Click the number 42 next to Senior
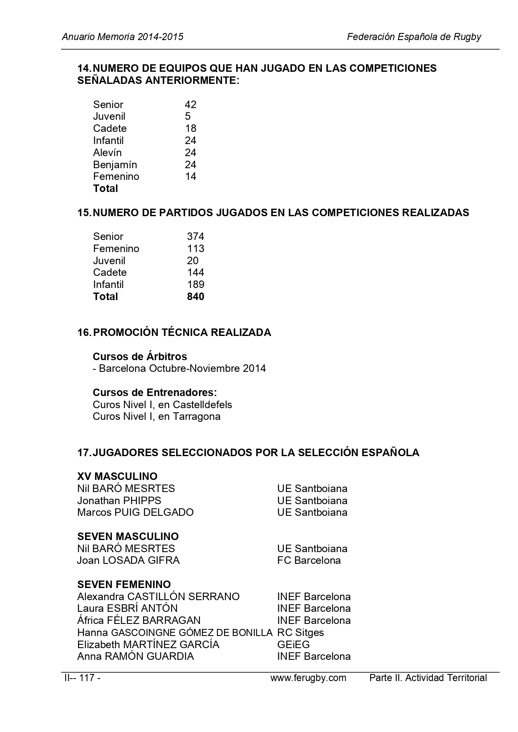tap(190, 104)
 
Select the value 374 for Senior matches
tap(195, 237)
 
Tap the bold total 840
tap(195, 297)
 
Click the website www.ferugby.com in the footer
tap(308, 678)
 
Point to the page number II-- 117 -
tap(82, 678)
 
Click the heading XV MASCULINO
tap(117, 477)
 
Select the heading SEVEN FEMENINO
tap(124, 584)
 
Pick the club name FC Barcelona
tap(309, 560)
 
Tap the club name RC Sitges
tap(301, 633)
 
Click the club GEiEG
tap(293, 645)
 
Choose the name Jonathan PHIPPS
tap(119, 501)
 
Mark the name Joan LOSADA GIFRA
tap(128, 560)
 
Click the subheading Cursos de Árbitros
tap(140, 357)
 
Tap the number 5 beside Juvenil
tap(188, 116)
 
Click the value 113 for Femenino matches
tap(195, 249)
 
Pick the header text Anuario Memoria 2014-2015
tap(123, 37)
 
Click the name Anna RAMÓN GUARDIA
tap(135, 656)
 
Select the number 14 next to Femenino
tap(190, 177)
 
